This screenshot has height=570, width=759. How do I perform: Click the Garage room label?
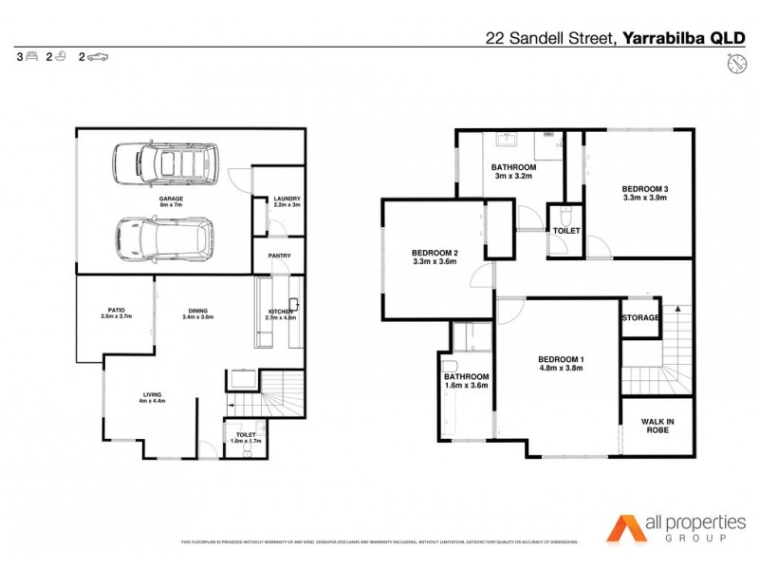[x=170, y=200]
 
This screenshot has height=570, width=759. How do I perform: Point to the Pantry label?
[x=279, y=256]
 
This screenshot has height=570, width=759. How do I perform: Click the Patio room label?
[x=117, y=313]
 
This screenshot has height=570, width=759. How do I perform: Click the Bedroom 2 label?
[x=435, y=256]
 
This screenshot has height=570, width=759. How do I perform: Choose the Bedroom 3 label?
[x=644, y=193]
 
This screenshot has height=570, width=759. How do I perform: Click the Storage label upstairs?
[x=640, y=317]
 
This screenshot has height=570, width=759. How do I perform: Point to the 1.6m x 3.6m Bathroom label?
[x=466, y=381]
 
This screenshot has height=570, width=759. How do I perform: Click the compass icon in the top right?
[x=734, y=64]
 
